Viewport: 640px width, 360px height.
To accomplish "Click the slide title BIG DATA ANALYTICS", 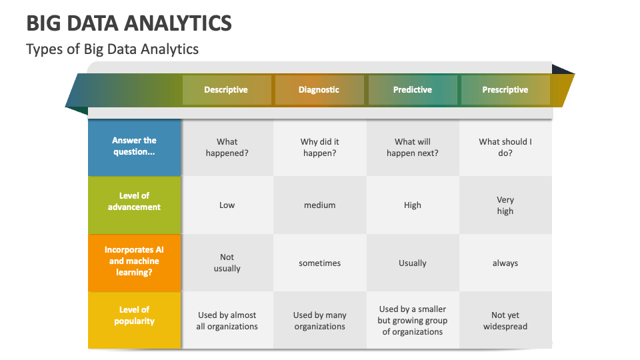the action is click(129, 23).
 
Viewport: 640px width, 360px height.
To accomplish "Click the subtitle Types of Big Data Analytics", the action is click(112, 49).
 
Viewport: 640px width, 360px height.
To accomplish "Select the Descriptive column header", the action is click(227, 90).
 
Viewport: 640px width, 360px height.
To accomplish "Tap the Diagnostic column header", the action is click(319, 90).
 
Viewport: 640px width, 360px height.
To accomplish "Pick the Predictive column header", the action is click(413, 90).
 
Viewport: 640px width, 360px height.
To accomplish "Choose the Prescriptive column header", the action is click(505, 90).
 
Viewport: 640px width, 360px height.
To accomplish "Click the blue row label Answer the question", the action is click(134, 147).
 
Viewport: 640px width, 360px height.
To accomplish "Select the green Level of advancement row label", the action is click(134, 205).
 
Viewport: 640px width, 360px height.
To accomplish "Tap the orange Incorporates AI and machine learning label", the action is click(134, 263).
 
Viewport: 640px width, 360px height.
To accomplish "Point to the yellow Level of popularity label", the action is click(134, 320).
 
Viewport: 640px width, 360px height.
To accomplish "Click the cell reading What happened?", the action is click(227, 147).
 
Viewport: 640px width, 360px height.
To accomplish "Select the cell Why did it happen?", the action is click(319, 147).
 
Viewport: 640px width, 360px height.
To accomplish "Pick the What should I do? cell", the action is click(505, 147).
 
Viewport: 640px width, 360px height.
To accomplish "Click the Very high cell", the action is click(505, 205).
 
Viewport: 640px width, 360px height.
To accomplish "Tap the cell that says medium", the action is click(319, 205).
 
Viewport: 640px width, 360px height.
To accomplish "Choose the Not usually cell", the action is click(227, 263).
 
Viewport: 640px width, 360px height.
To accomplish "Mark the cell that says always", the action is click(505, 263).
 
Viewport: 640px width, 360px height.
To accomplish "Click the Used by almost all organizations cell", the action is click(227, 320).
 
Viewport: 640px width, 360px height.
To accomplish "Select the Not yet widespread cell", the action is click(505, 320).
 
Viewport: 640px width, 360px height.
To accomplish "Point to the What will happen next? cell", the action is click(413, 147).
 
